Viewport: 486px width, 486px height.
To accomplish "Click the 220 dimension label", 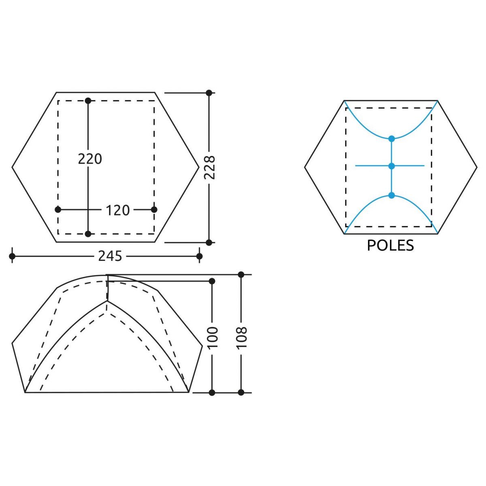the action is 90,159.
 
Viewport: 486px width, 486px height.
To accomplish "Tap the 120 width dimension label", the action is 117,210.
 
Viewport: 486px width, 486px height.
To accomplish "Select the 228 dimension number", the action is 209,167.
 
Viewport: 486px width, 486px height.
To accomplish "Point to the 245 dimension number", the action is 110,256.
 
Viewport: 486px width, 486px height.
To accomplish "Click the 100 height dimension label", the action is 213,337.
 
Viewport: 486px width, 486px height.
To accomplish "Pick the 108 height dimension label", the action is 242,337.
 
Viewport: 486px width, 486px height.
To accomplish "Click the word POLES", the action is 390,245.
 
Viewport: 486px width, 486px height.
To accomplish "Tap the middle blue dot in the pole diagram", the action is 391,166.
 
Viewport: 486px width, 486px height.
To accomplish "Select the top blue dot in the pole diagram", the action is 391,139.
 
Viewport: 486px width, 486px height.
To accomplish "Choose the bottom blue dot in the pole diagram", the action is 391,195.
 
